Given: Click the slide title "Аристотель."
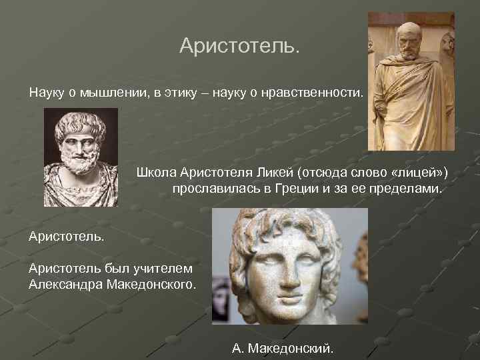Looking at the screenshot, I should [x=240, y=46].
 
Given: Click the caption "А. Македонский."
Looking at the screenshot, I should [x=284, y=348].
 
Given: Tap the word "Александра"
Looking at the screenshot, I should [x=64, y=285].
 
